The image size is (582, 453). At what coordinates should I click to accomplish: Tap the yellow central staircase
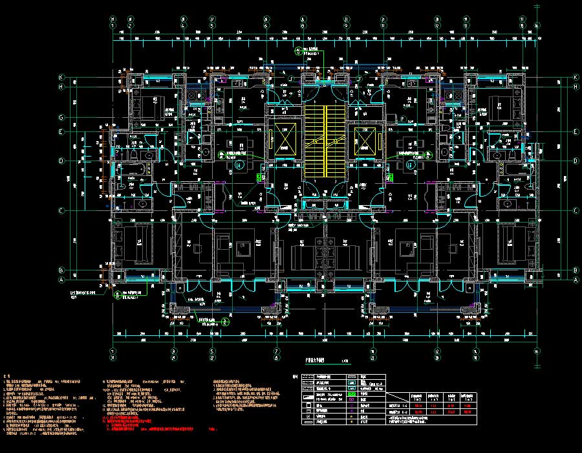point(323,142)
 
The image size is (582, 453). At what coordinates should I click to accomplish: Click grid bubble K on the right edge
point(575,78)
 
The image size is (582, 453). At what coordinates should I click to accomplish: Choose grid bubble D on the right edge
point(575,160)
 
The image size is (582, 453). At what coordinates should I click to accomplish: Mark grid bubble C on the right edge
point(575,210)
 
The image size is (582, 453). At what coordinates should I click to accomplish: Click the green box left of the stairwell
point(260,177)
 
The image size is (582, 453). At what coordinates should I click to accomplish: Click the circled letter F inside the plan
point(402,119)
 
